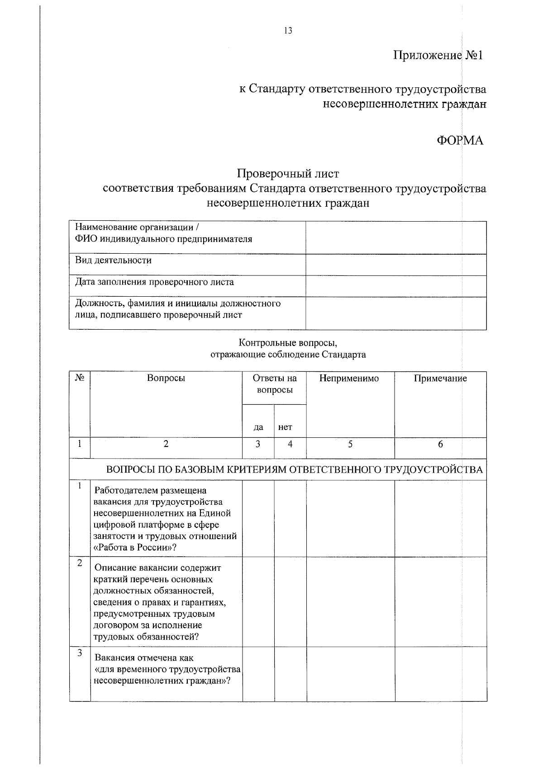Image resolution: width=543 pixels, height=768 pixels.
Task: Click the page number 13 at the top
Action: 288,31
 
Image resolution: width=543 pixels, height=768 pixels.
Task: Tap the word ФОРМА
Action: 459,141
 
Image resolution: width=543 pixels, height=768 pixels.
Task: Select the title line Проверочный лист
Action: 288,174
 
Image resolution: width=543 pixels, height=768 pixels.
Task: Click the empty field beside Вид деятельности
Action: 396,265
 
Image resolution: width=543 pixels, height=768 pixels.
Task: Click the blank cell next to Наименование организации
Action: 396,237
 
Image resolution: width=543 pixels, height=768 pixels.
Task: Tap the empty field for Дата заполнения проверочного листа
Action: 396,286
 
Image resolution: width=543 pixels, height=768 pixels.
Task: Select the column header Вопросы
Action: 166,378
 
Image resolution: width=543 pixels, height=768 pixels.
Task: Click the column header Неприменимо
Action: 349,378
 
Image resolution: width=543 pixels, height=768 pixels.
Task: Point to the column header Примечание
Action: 440,378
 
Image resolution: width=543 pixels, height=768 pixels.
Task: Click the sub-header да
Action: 258,427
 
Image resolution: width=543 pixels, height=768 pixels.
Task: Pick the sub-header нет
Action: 286,427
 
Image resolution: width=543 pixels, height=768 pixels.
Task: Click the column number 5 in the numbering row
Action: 350,444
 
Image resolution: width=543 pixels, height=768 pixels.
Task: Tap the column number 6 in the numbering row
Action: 440,444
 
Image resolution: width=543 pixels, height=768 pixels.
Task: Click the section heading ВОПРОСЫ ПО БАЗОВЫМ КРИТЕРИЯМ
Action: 294,469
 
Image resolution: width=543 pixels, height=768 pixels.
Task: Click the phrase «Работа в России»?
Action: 134,548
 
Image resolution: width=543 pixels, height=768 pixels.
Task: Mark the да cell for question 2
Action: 258,602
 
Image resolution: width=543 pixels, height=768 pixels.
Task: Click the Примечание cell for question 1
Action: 440,518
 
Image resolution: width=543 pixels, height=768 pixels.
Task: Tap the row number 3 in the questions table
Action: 80,653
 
